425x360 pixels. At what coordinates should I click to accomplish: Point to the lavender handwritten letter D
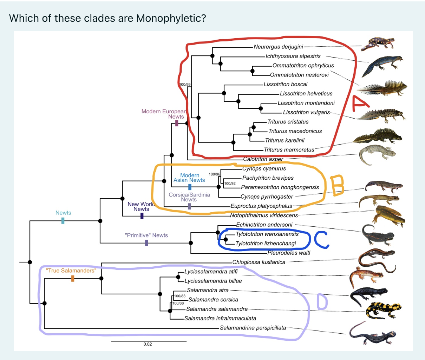[322, 302]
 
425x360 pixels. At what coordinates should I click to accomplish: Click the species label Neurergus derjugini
[278, 47]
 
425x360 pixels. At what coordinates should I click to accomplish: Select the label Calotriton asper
[263, 159]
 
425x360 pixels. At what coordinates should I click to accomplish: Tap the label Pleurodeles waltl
[289, 253]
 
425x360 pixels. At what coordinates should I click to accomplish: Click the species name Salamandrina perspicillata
[253, 328]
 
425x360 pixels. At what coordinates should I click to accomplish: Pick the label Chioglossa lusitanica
[259, 262]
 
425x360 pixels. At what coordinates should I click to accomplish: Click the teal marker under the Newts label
[63, 220]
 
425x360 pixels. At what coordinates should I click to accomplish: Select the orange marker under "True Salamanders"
[73, 278]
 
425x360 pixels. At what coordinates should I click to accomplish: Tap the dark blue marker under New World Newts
[142, 216]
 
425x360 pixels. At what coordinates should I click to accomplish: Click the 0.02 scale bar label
[148, 344]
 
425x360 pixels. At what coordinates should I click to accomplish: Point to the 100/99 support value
[185, 85]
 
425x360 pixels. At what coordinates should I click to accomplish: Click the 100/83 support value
[180, 296]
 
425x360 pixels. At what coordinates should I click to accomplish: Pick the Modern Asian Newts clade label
[189, 178]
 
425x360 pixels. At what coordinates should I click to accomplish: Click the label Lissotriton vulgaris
[306, 112]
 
